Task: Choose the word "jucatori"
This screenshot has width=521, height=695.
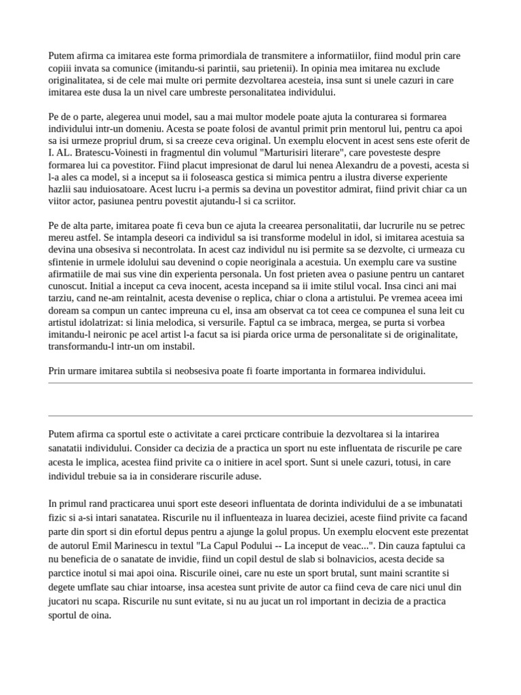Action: (69, 595)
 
